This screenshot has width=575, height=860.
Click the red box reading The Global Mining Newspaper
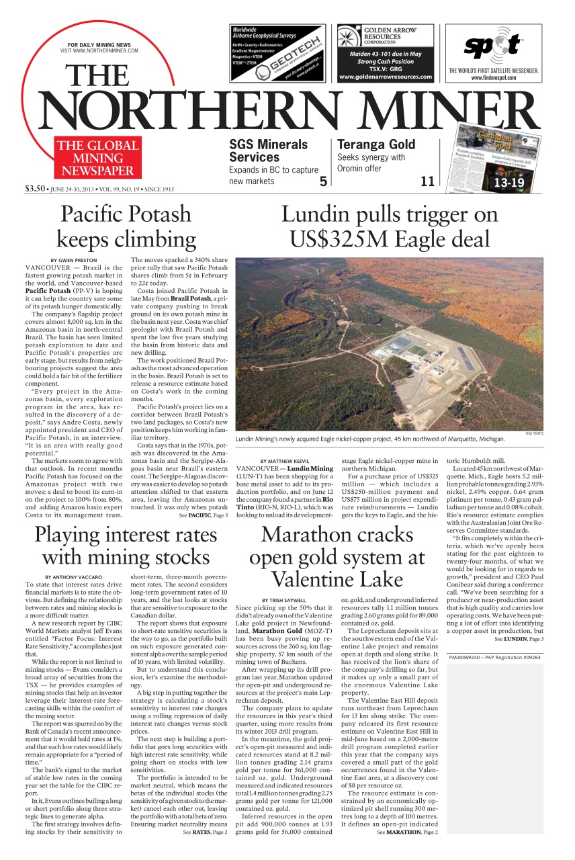click(x=97, y=158)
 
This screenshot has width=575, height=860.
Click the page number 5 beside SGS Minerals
click(x=322, y=181)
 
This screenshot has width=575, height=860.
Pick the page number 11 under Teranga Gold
click(x=427, y=181)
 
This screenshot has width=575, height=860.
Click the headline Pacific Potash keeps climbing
click(x=126, y=226)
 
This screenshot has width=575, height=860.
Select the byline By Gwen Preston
click(x=74, y=260)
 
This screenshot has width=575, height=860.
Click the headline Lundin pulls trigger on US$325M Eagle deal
click(x=389, y=226)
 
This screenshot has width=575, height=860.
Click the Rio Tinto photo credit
click(x=534, y=434)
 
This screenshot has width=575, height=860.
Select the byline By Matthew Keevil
click(x=285, y=461)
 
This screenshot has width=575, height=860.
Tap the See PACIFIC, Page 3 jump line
click(x=203, y=515)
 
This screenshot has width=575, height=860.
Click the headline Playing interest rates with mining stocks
click(x=126, y=546)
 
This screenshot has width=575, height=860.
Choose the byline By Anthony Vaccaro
click(x=73, y=577)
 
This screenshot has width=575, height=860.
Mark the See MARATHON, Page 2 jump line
click(x=407, y=832)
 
